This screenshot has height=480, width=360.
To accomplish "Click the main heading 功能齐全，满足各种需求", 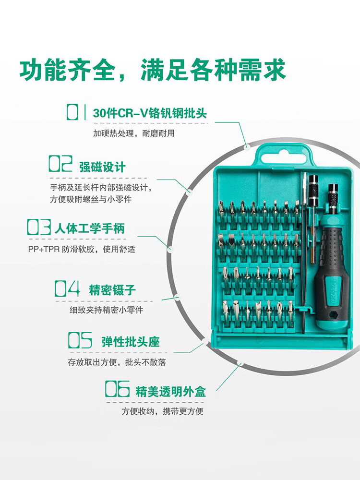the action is point(153,70).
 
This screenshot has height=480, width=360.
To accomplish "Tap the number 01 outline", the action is point(76,112).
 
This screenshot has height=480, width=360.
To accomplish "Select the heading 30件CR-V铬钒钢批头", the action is point(150,113).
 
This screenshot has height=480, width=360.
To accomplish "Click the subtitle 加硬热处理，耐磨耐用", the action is point(134,133).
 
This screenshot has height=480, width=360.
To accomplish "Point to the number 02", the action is point(60,164).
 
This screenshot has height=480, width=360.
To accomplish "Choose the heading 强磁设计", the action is point(102,167).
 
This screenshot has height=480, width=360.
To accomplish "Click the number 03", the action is point(39,227).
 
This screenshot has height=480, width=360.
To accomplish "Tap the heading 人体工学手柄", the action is point(90,228).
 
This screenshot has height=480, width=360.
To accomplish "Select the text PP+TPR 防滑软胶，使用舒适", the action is point(82,249).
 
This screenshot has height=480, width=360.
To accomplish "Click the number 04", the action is point(67,288).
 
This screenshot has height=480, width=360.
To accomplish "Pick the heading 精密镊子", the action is point(112,290).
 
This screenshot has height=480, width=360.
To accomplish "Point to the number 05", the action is point(80,340).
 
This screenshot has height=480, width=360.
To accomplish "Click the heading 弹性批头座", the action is point(131,342).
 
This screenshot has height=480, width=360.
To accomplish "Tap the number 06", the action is point(117,389).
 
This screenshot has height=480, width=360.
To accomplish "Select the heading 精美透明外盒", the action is point(171,392).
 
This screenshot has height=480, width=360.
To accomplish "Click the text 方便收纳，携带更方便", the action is point(163,411).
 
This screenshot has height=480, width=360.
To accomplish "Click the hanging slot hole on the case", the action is point(284,157).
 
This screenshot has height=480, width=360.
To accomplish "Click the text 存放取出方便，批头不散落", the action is point(117,362).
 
